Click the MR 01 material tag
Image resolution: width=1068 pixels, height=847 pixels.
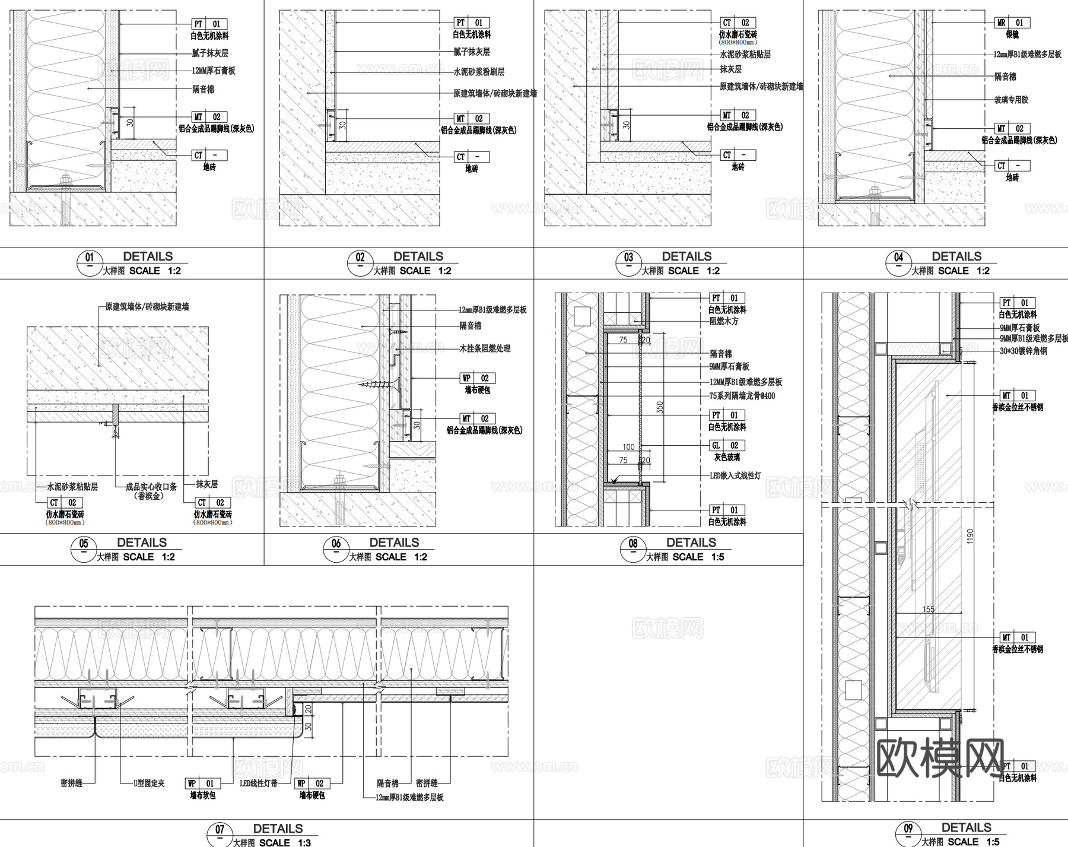pos(1012,23)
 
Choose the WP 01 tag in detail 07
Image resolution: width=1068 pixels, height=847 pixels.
pos(202,783)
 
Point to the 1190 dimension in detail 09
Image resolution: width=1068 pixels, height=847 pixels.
pos(970,537)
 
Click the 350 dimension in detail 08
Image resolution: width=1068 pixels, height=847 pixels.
pos(659,407)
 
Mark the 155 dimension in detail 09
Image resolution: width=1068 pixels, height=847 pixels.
pos(929,609)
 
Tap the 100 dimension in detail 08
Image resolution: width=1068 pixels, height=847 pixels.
pos(628,447)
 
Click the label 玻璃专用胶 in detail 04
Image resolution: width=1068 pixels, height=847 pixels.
pos(1011,100)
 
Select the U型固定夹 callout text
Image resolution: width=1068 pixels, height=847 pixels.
pos(149,783)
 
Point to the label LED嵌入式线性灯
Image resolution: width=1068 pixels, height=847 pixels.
pos(735,475)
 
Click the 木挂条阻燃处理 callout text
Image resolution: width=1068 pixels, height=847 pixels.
pos(485,348)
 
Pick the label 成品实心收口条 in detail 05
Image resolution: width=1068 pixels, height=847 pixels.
pos(151,487)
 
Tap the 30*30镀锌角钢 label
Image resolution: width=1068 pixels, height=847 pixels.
pos(1024,351)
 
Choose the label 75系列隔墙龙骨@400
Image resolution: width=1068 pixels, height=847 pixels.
pos(742,396)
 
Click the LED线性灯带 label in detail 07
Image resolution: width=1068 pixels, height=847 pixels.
pos(259,783)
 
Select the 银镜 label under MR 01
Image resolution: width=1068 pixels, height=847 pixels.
pos(1012,35)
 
